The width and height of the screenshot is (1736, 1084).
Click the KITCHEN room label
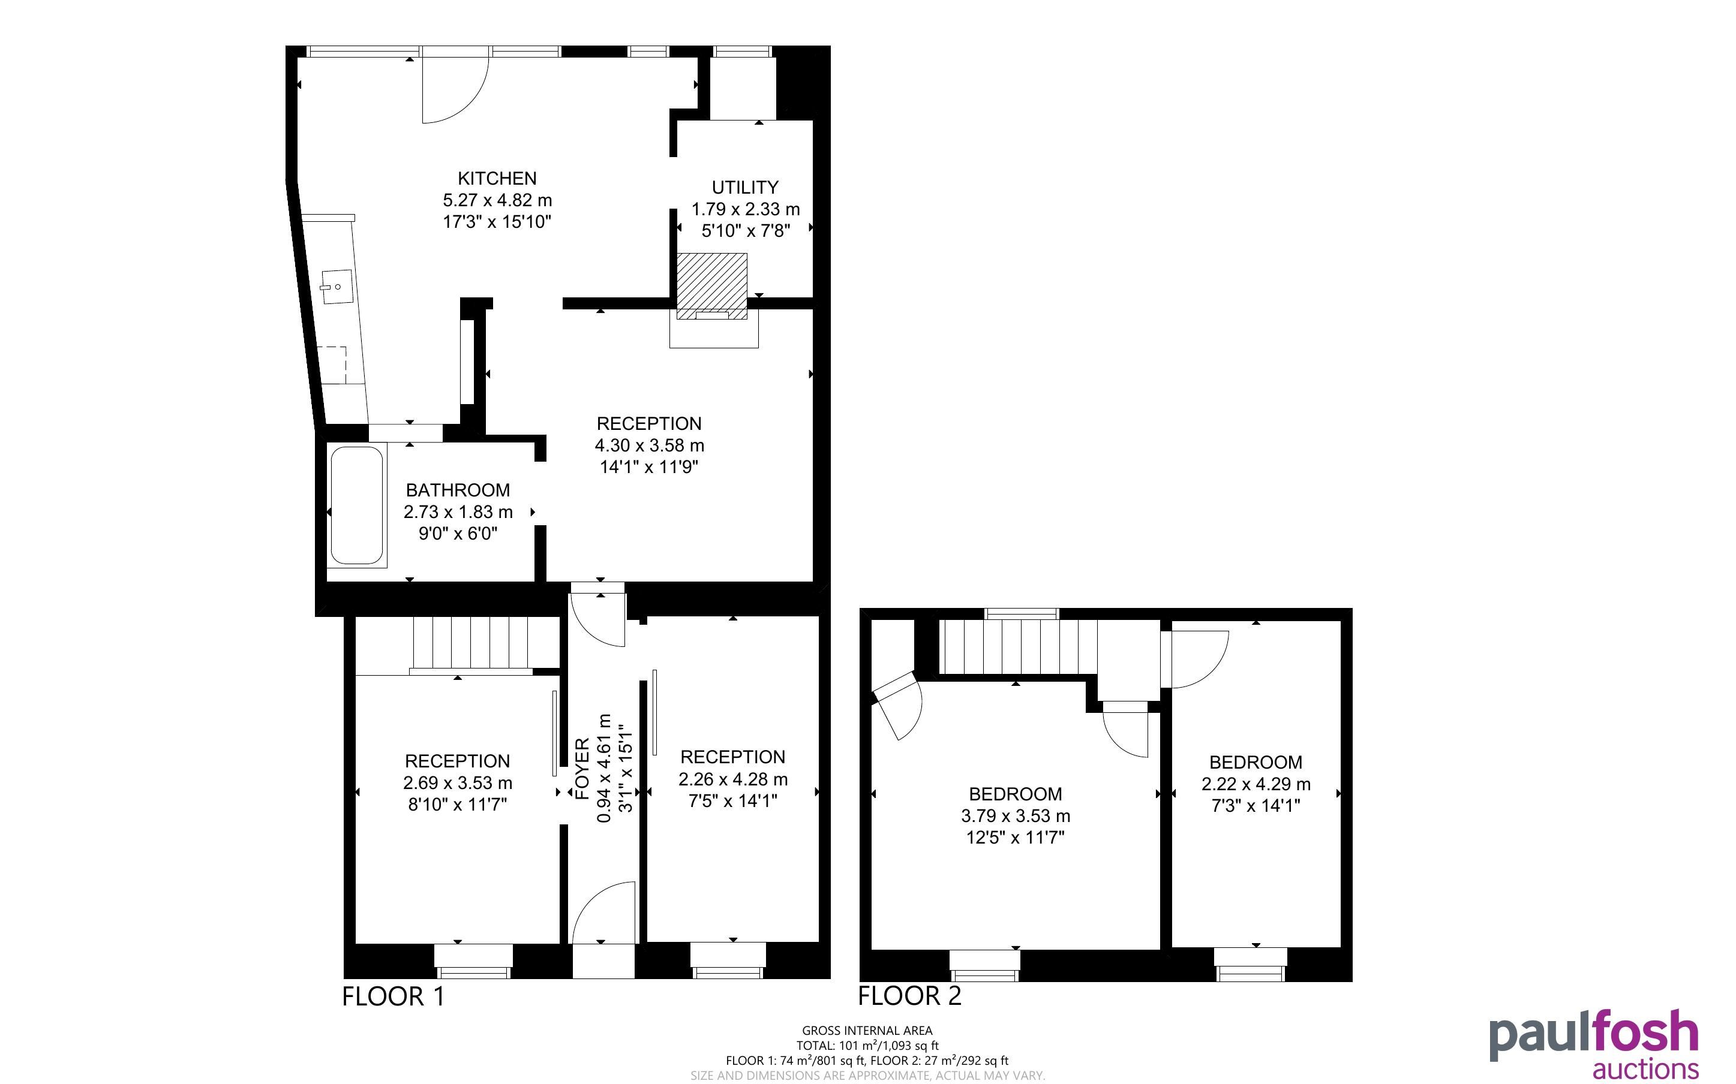click(x=497, y=179)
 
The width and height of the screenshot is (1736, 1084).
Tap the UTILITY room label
click(x=745, y=188)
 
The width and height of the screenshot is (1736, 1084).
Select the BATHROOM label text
click(x=458, y=490)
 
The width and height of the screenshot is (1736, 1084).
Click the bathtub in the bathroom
click(x=357, y=505)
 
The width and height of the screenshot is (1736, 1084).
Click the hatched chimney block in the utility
click(x=712, y=286)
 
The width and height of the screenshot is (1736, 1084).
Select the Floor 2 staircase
click(x=1018, y=647)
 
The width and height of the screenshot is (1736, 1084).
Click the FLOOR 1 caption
click(x=393, y=996)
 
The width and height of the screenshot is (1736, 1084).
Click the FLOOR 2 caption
click(x=909, y=996)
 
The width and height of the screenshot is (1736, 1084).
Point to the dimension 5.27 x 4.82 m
click(x=497, y=200)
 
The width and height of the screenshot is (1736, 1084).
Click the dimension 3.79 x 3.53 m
click(x=1016, y=816)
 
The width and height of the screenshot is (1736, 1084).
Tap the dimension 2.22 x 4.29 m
click(x=1256, y=784)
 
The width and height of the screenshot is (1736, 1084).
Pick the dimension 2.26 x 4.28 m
click(x=733, y=779)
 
